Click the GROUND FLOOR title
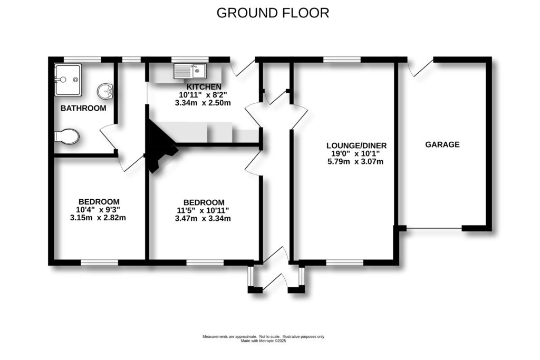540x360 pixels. (273, 13)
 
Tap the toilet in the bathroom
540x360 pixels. (66, 136)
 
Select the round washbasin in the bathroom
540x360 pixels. (107, 91)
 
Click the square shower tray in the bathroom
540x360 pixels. (68, 80)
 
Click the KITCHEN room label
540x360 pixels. (204, 86)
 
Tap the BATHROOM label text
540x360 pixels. (83, 109)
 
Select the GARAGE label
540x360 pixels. (442, 144)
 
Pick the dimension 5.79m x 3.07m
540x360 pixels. (355, 162)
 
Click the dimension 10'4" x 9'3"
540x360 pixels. (99, 210)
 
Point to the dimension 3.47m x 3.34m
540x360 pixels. (204, 218)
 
